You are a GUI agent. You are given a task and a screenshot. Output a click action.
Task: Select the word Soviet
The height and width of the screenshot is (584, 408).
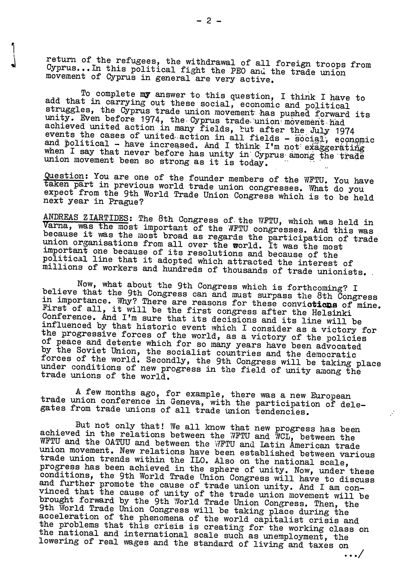click(91, 351)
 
